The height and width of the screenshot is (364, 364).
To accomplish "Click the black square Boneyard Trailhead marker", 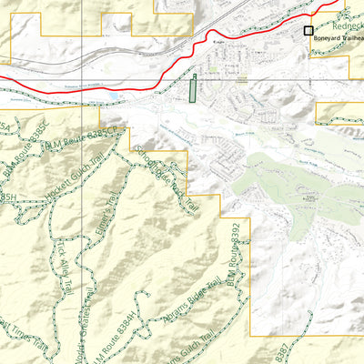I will click(308, 31).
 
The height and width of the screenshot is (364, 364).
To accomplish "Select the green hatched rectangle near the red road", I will click(192, 89).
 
